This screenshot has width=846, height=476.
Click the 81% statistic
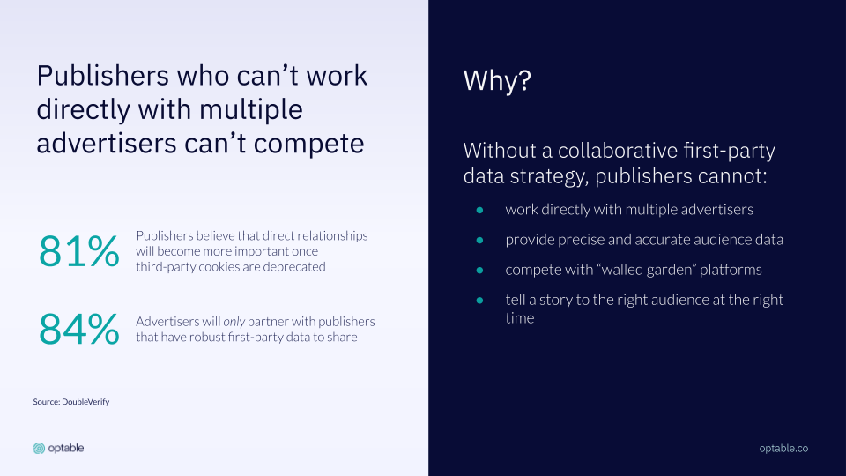[x=78, y=251]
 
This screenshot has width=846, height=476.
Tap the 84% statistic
[x=78, y=329]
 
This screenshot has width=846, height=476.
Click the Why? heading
[x=497, y=81]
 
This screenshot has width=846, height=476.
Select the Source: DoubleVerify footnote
[x=71, y=402]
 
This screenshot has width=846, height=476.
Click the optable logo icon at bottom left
[x=39, y=448]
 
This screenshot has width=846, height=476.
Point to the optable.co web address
[x=783, y=448]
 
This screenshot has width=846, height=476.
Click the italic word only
[x=234, y=322]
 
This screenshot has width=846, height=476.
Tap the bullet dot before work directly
[x=479, y=210]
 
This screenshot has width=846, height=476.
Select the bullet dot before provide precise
[x=479, y=240]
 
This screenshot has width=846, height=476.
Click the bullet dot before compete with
[x=479, y=271]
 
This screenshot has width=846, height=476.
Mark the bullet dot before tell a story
[x=479, y=300]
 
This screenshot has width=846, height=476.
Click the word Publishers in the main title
[x=102, y=75]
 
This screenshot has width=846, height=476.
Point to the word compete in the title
[x=308, y=144]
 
